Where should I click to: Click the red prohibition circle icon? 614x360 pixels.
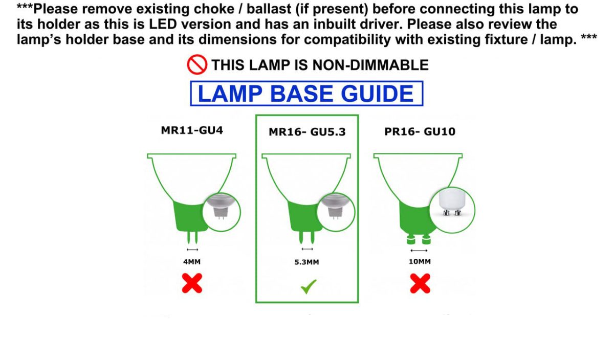(197, 64)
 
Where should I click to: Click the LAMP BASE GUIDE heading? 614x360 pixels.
(306, 94)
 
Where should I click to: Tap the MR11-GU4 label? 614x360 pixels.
(192, 130)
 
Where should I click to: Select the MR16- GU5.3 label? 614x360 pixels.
(307, 132)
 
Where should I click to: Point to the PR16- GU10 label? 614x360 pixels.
(420, 131)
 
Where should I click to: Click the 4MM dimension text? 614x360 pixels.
(192, 262)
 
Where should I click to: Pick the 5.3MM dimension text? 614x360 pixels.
(306, 262)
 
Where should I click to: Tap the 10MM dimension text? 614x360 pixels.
(420, 262)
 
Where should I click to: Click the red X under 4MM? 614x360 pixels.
(192, 283)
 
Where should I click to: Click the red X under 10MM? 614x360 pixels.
(420, 283)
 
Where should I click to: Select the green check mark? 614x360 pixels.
(309, 286)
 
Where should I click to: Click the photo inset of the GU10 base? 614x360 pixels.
(452, 210)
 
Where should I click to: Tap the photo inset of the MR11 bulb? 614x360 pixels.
(222, 212)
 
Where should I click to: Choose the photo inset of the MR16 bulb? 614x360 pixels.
(336, 212)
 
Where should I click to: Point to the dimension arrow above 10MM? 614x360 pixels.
(419, 251)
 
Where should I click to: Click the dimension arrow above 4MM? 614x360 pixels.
(192, 250)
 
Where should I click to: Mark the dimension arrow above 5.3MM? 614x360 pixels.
(307, 249)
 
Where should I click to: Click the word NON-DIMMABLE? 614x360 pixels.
(370, 65)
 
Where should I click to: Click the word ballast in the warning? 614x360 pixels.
(269, 9)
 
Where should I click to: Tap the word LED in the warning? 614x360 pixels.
(163, 24)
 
